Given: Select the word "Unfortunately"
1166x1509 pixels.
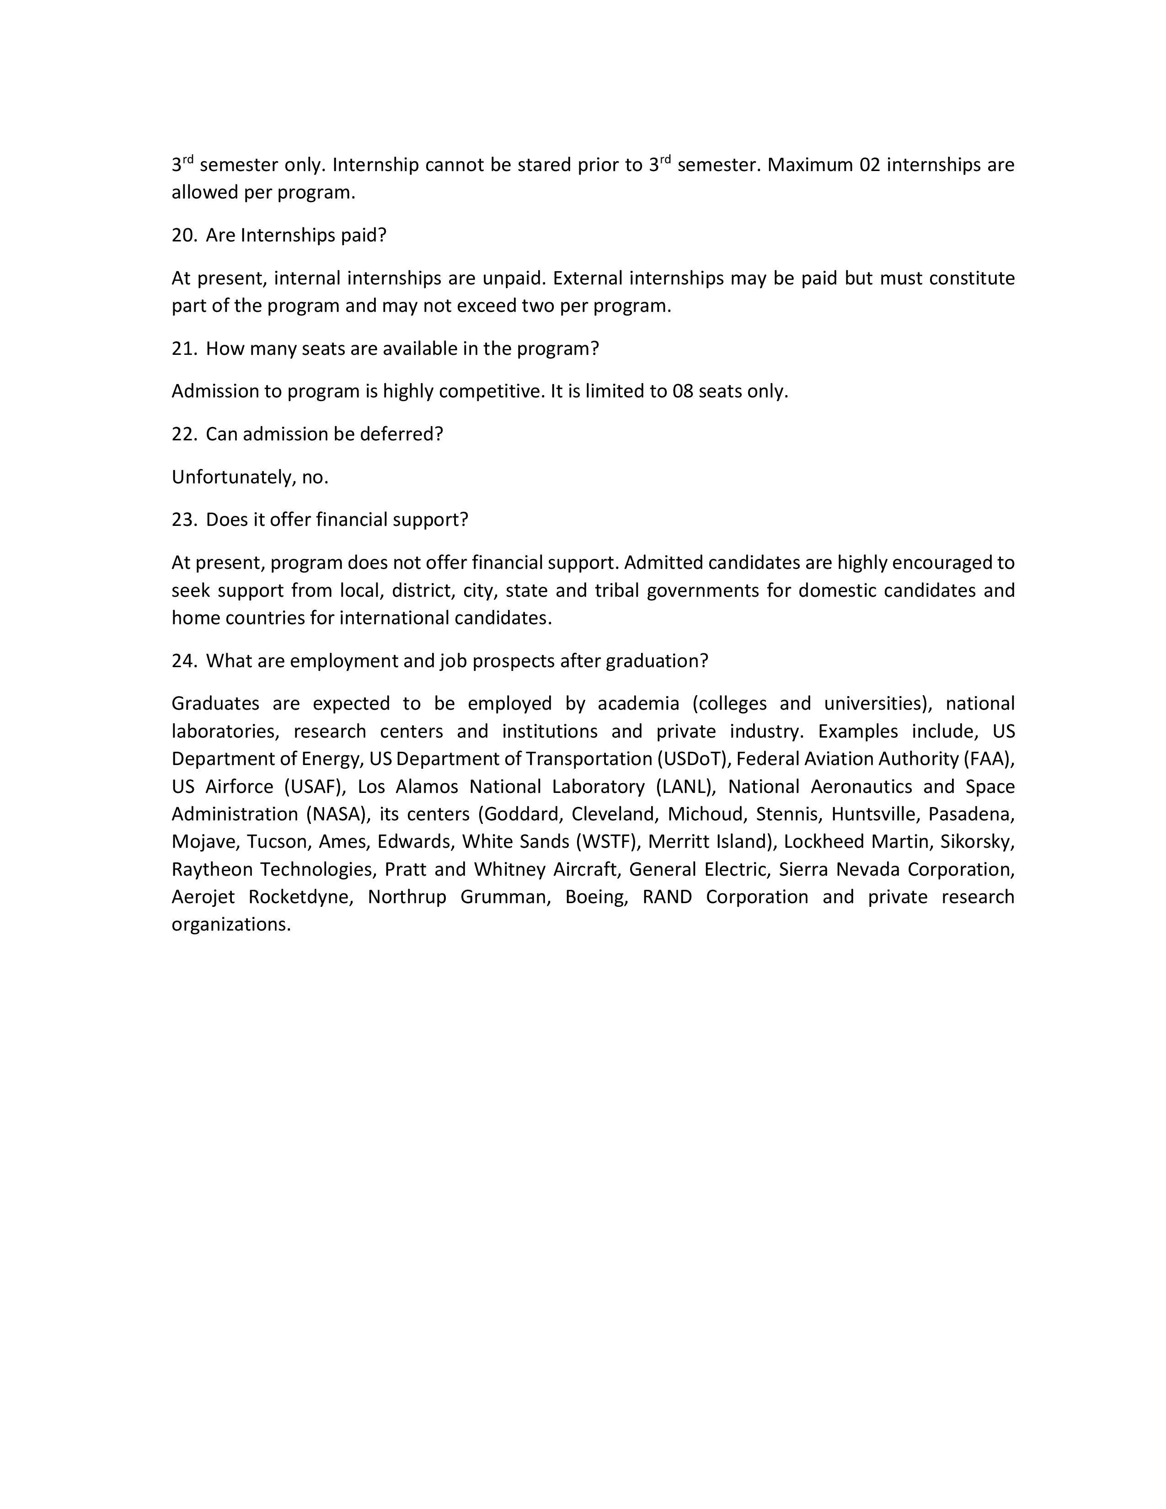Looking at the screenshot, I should (234, 477).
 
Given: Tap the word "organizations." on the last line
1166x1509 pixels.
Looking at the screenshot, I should (231, 925).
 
